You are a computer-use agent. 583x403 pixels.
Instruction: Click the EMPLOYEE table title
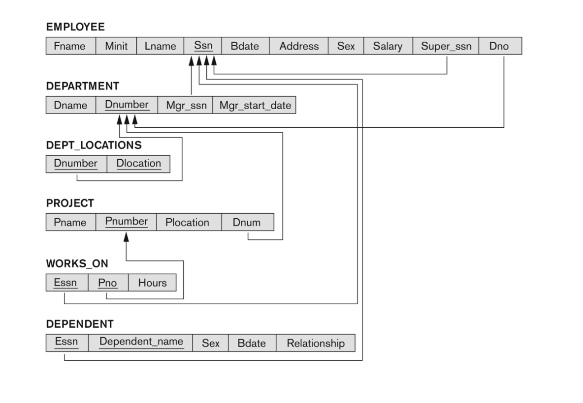click(x=75, y=27)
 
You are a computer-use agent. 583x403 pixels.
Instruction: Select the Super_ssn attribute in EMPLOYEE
click(x=446, y=46)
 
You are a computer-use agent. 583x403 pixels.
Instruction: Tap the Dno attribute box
click(x=500, y=46)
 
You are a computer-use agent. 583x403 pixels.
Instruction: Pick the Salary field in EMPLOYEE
click(x=388, y=46)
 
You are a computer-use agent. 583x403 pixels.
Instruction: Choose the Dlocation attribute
click(x=138, y=164)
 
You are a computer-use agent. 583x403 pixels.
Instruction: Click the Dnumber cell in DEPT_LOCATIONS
click(x=76, y=164)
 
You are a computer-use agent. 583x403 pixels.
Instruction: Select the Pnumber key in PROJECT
click(x=126, y=222)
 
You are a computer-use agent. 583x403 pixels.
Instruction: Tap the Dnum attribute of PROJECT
click(x=248, y=222)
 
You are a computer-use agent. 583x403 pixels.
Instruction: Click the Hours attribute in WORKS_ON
click(x=152, y=283)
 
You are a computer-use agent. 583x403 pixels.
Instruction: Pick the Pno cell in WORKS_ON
click(x=108, y=283)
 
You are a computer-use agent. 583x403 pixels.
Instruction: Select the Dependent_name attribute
click(x=140, y=343)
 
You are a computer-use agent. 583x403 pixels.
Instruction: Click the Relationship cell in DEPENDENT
click(x=316, y=343)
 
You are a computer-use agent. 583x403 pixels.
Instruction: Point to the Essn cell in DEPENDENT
click(x=67, y=343)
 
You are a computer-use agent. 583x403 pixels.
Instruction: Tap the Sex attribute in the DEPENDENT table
click(x=210, y=343)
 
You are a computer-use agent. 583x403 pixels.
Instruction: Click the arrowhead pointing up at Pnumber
click(x=127, y=237)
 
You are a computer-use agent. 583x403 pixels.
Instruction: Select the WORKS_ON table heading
click(x=77, y=263)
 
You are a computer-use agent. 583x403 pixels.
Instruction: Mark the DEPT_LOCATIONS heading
click(x=94, y=145)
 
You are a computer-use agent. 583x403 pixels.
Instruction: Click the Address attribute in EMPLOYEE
click(x=299, y=46)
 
